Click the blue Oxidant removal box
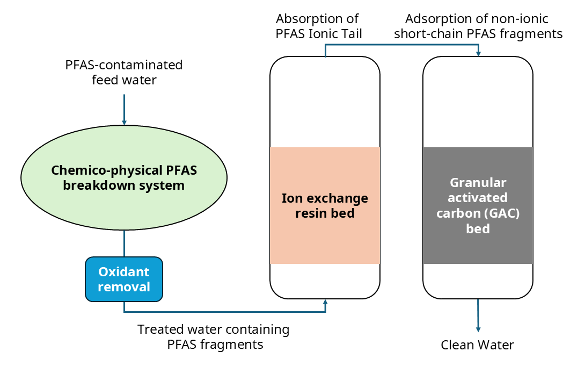coord(124,279)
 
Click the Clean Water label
coord(477,345)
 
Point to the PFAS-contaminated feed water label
coord(124,73)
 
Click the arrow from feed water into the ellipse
coord(124,110)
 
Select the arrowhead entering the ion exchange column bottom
coord(325,304)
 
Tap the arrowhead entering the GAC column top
coord(478,53)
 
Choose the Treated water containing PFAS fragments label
coord(214,336)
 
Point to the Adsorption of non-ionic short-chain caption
coord(477,26)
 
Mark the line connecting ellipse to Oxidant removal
coord(124,243)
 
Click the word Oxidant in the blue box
coord(124,272)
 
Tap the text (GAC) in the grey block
coord(502,213)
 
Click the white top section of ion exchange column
coord(325,102)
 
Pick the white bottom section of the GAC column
coord(478,281)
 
